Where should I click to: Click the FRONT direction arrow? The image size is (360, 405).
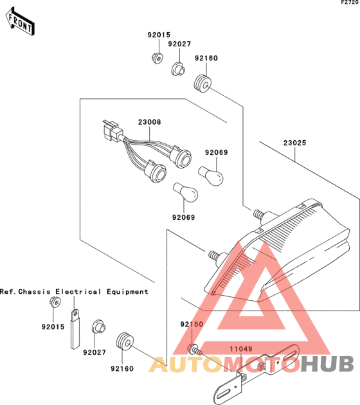tap(20, 22)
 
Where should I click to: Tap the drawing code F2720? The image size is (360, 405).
tap(350, 3)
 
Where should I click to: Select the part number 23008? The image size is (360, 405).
tap(149, 122)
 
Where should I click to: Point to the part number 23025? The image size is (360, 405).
tap(294, 143)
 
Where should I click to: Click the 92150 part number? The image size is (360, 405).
tap(192, 324)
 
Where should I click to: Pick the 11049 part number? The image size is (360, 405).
tap(241, 349)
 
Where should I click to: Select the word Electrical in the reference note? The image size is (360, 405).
tap(78, 292)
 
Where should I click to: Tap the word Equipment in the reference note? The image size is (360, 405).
tap(127, 292)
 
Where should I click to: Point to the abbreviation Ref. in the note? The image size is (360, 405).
tap(8, 292)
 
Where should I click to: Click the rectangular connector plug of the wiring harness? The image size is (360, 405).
tap(111, 130)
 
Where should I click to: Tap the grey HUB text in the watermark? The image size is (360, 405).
tap(327, 364)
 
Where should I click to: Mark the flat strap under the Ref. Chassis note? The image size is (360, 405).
tap(75, 329)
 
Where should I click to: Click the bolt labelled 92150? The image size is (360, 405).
tap(195, 349)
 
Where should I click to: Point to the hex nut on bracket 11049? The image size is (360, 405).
tap(261, 366)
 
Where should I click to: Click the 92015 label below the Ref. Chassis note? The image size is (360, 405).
tap(53, 327)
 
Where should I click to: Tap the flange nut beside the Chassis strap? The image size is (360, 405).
tap(55, 302)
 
